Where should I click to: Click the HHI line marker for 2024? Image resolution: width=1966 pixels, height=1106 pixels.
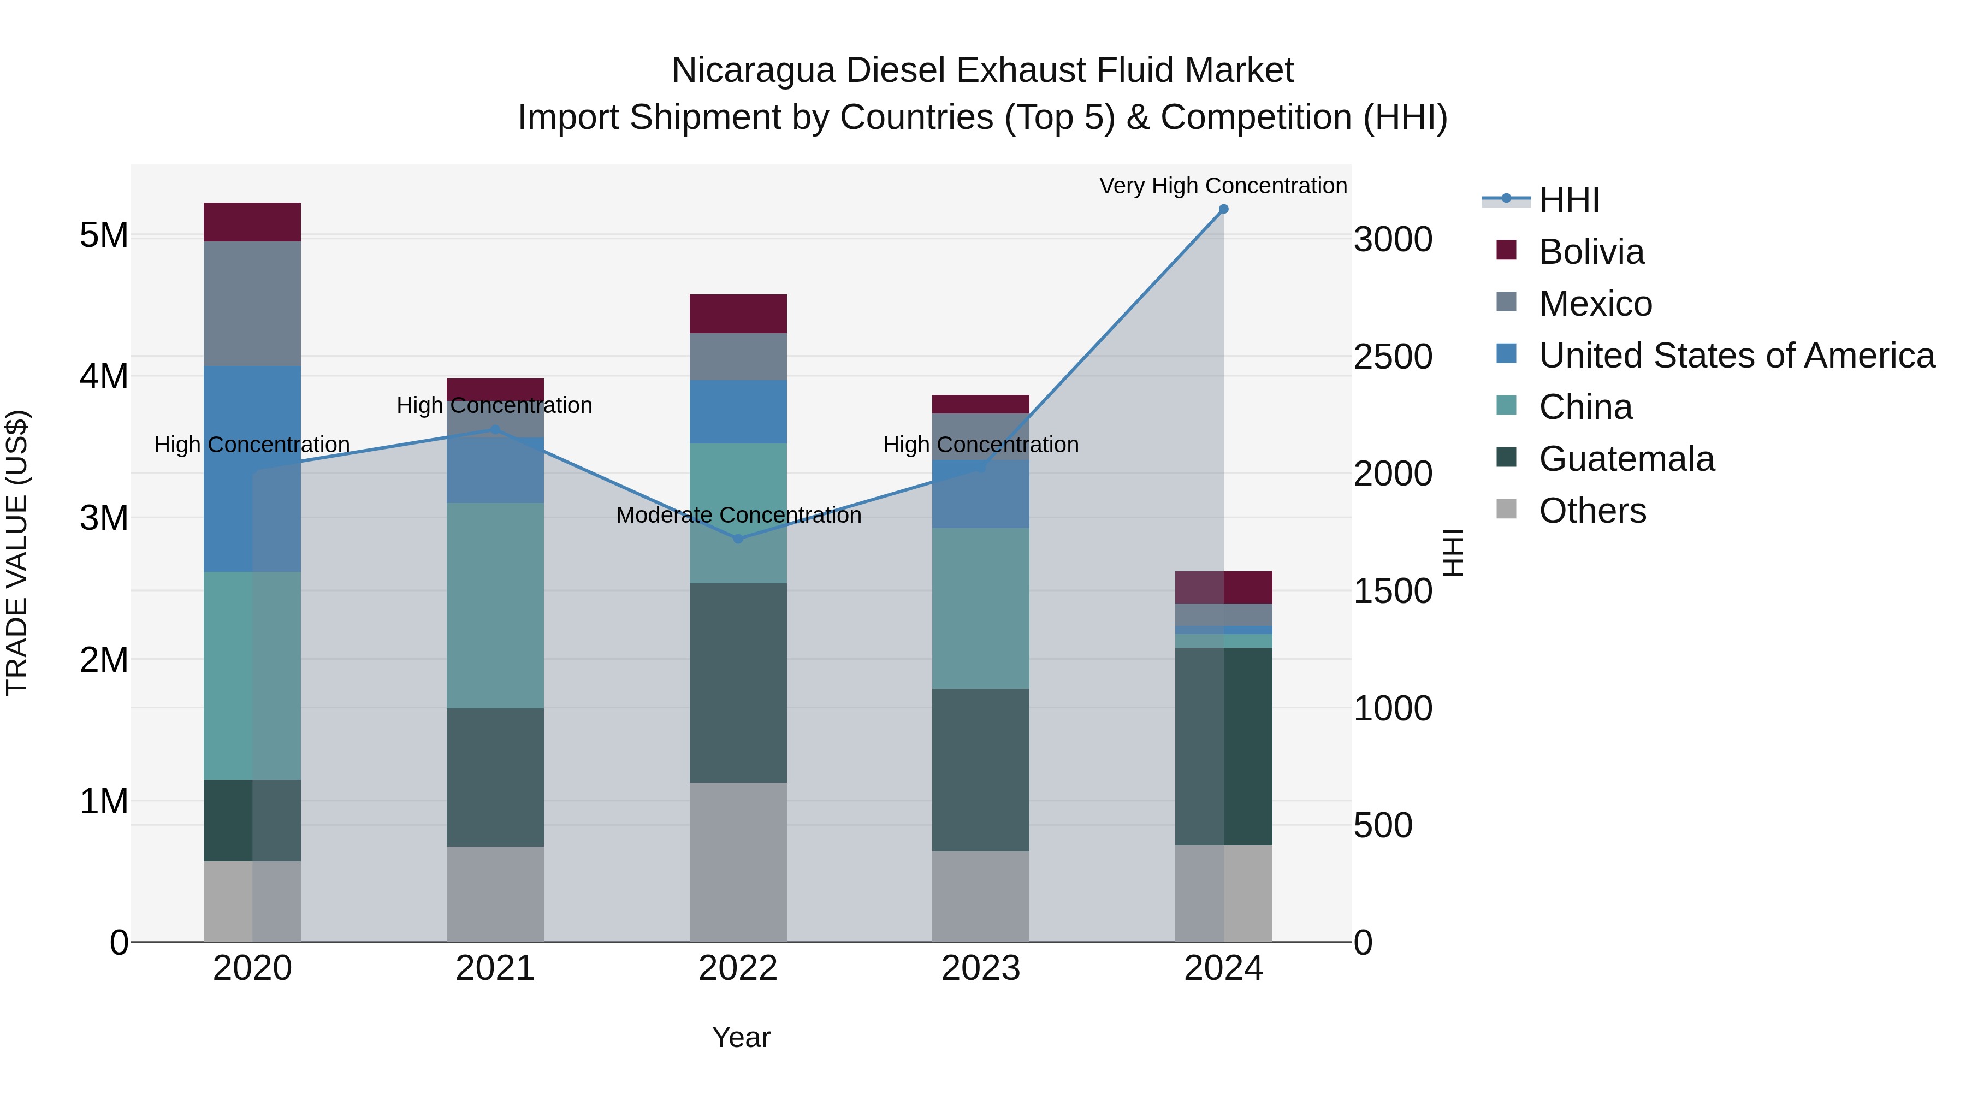(x=1223, y=209)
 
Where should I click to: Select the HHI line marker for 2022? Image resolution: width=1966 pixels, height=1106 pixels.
(x=738, y=539)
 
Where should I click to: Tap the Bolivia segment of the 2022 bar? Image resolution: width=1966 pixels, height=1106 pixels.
(x=738, y=314)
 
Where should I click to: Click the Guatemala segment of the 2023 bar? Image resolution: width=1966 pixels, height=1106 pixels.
(x=981, y=770)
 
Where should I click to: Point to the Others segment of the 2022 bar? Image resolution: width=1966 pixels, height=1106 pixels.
(x=738, y=862)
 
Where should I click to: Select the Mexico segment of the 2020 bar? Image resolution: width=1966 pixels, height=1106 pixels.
(x=253, y=304)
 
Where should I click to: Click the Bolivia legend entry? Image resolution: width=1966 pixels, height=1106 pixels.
(x=1591, y=252)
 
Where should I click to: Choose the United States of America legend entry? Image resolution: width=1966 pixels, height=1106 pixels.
(x=1736, y=356)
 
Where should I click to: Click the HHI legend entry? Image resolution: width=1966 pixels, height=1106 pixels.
(x=1568, y=200)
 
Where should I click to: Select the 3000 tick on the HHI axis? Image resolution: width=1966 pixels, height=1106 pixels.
(x=1393, y=240)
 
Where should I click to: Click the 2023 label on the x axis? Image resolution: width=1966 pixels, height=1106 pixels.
(x=981, y=968)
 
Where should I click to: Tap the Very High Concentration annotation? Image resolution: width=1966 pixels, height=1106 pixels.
(x=1223, y=186)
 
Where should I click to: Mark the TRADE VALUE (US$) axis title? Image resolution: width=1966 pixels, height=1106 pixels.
(x=17, y=553)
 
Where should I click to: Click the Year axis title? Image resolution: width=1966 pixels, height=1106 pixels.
(x=741, y=1037)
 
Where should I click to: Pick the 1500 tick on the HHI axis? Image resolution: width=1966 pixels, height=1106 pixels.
(x=1393, y=591)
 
